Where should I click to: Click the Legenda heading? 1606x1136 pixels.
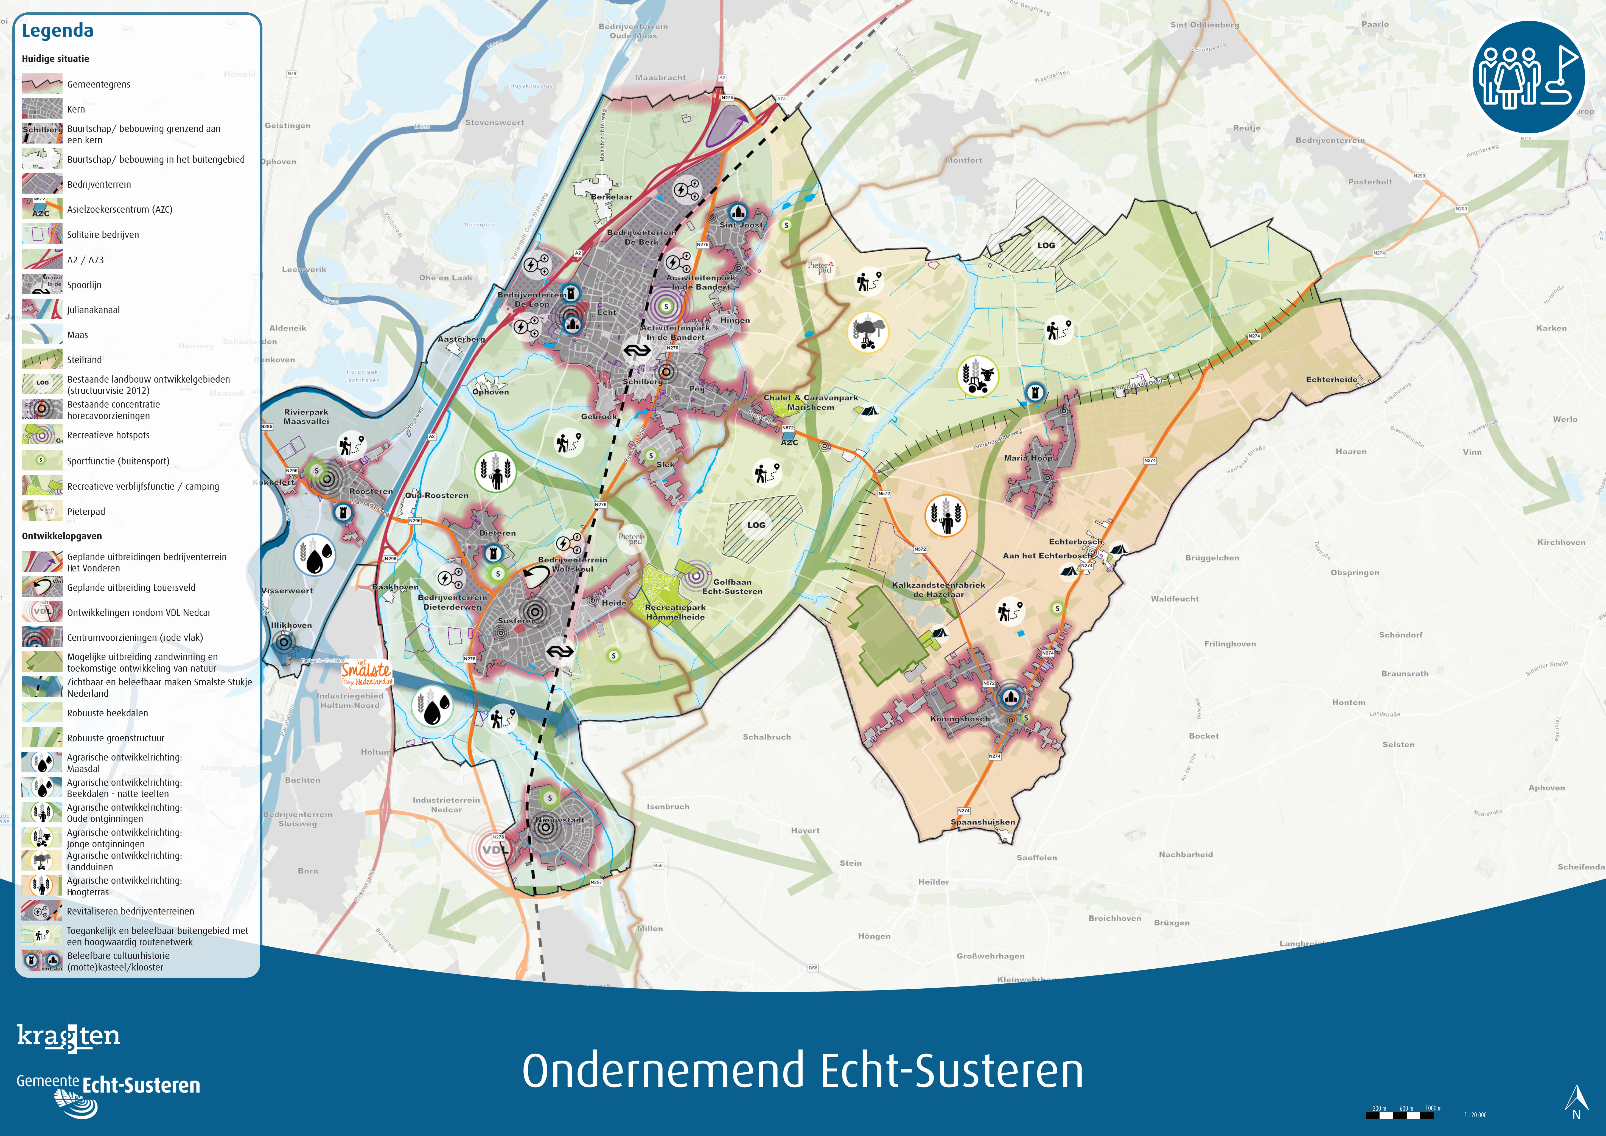pos(57,31)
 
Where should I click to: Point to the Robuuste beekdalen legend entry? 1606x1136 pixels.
pos(107,713)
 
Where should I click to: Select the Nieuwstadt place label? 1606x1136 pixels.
pos(560,820)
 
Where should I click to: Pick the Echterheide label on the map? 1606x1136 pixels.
pos(1331,380)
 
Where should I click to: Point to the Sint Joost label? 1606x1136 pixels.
pos(741,225)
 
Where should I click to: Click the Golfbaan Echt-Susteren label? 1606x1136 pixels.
pos(732,587)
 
